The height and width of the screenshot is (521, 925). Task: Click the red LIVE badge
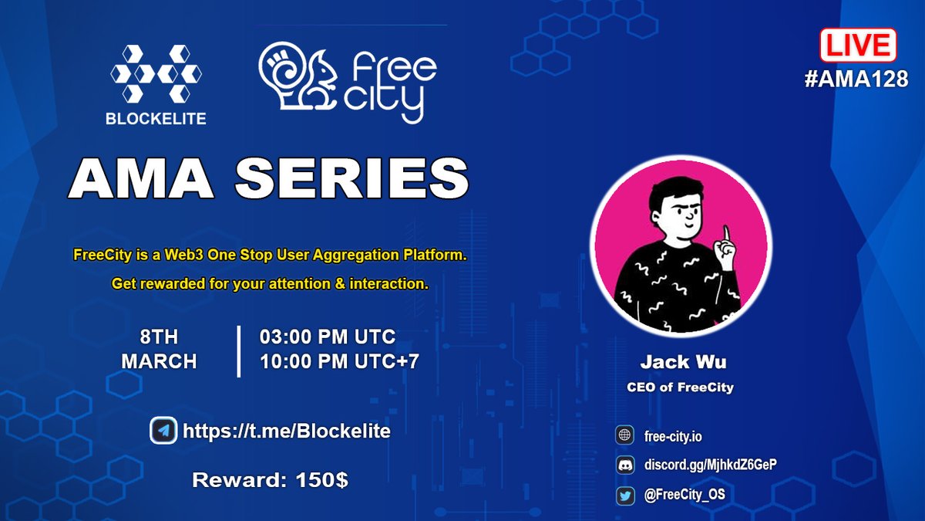(x=857, y=46)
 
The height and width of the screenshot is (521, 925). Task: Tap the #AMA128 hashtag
(x=856, y=79)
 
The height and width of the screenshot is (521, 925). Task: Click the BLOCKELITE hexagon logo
(x=157, y=75)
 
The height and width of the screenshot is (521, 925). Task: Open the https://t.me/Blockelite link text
(x=286, y=431)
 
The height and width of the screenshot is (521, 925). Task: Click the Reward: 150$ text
(x=270, y=480)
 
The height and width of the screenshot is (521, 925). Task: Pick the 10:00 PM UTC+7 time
(x=338, y=360)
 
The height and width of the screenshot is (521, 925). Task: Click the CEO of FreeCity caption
(x=680, y=387)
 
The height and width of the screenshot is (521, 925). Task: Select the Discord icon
(x=624, y=465)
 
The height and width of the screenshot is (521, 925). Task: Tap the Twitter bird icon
(x=624, y=495)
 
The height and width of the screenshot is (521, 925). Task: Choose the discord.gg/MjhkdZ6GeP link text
(x=705, y=465)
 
